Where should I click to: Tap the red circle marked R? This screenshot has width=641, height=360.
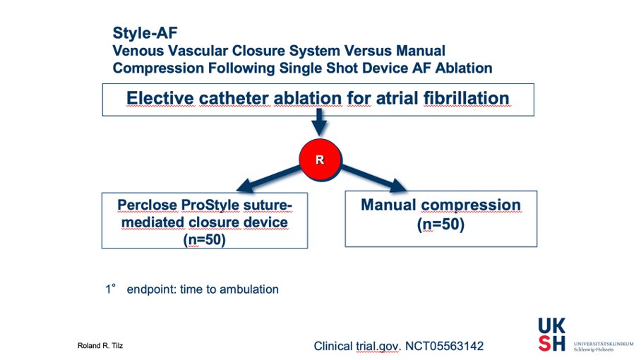click(319, 160)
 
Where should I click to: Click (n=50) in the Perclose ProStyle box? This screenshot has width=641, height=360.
click(204, 239)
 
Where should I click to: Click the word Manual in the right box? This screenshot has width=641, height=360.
click(389, 205)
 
